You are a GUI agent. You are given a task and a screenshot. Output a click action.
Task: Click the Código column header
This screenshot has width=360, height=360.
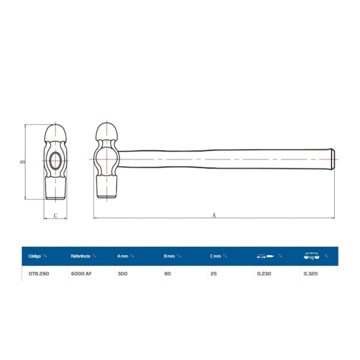(34, 256)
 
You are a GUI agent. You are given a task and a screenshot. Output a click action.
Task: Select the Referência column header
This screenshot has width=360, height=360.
(80, 256)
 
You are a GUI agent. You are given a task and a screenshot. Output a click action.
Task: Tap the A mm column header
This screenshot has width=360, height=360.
(122, 256)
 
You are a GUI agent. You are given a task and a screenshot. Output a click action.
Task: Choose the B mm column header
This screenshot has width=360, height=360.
(169, 256)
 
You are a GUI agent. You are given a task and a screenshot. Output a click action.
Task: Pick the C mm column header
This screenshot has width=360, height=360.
(215, 256)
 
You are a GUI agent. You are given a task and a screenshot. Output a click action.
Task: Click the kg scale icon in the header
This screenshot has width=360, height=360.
(311, 256)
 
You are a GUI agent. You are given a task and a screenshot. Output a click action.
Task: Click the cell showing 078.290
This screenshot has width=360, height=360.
(39, 274)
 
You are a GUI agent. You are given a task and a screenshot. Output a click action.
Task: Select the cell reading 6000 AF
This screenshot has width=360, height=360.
(81, 274)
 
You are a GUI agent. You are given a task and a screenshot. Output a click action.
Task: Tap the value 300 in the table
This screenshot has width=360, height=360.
(122, 274)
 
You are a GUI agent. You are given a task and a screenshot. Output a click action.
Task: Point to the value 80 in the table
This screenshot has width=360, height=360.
(167, 274)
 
